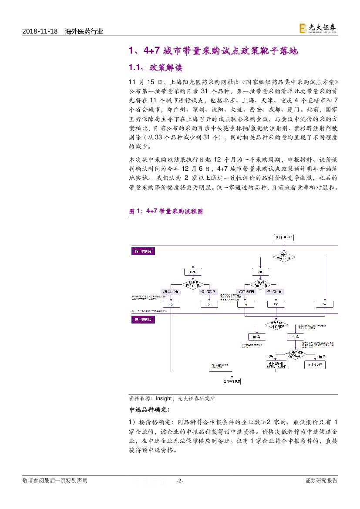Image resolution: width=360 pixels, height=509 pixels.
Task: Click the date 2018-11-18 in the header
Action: click(x=40, y=31)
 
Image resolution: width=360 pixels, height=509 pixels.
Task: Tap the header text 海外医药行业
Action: click(x=84, y=31)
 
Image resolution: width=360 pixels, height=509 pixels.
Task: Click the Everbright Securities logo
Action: click(x=317, y=28)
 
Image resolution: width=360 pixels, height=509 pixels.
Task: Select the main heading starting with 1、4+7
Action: click(x=213, y=51)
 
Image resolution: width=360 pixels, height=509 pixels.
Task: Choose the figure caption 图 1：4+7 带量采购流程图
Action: click(x=166, y=211)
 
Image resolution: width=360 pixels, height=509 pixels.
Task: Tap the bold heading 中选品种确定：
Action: click(x=150, y=410)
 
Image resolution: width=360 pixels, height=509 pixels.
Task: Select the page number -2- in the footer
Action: click(x=180, y=481)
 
